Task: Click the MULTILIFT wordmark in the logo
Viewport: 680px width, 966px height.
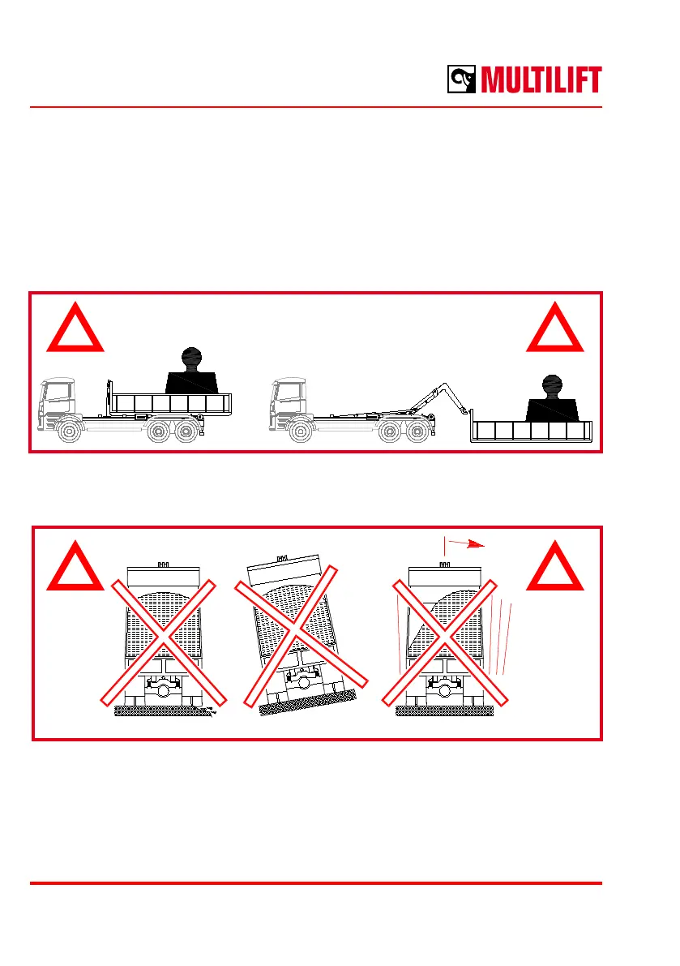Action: (541, 80)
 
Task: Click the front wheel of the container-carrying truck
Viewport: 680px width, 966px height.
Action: (69, 431)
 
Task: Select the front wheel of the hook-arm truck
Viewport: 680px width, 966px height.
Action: (302, 431)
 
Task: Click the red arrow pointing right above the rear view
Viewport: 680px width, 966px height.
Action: (467, 544)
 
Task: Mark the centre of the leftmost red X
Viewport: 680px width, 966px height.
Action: (163, 641)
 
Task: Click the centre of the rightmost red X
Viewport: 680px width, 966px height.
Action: (446, 641)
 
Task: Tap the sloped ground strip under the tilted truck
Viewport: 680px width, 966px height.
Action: (307, 702)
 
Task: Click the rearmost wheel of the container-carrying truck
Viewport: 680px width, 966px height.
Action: (186, 431)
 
